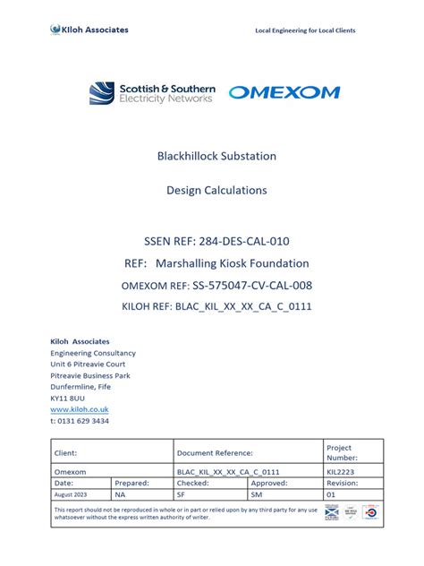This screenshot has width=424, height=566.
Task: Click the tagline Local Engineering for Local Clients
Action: coord(305,30)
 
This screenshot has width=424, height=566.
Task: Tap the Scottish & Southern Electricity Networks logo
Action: coord(152,92)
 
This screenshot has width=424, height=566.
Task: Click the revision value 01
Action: coord(330,493)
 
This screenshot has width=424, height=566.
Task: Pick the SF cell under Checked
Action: coord(182,493)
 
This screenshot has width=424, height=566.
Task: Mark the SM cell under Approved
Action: coord(256,493)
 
